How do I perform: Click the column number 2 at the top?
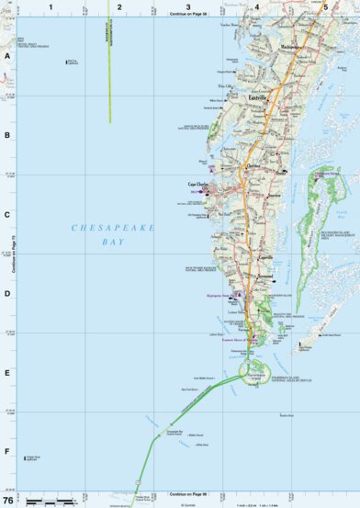119,6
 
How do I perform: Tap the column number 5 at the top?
326,6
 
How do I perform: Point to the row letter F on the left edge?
7,452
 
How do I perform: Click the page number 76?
8,501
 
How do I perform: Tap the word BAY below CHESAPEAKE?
113,243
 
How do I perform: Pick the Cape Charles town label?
199,184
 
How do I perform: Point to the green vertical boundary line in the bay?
110,73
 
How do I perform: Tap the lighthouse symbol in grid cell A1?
67,62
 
